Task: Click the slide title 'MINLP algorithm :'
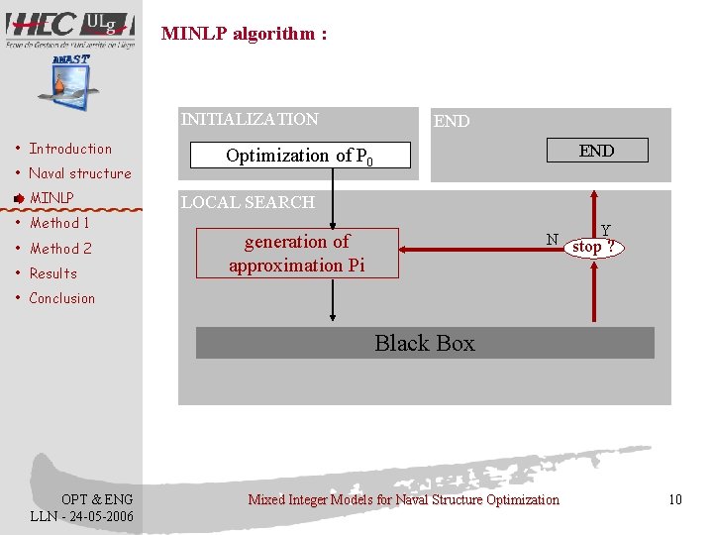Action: pyautogui.click(x=244, y=34)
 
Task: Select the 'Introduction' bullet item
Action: pyautogui.click(x=70, y=149)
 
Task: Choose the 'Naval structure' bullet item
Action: pyautogui.click(x=79, y=173)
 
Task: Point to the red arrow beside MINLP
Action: pyautogui.click(x=19, y=198)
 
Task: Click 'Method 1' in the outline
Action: pyautogui.click(x=59, y=223)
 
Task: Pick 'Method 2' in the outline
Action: pyautogui.click(x=60, y=249)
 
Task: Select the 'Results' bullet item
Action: pyautogui.click(x=52, y=273)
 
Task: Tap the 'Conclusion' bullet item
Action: pyautogui.click(x=61, y=298)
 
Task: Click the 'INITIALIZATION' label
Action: pyautogui.click(x=250, y=119)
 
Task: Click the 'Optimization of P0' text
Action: pyautogui.click(x=300, y=156)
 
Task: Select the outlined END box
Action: pyautogui.click(x=596, y=151)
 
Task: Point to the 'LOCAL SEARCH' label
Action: pyautogui.click(x=248, y=202)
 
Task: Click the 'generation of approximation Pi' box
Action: pyautogui.click(x=297, y=253)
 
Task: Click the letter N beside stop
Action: pyautogui.click(x=553, y=239)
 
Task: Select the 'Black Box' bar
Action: pyautogui.click(x=425, y=343)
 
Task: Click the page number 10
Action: pyautogui.click(x=675, y=499)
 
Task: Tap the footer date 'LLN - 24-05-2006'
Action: pyautogui.click(x=82, y=516)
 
